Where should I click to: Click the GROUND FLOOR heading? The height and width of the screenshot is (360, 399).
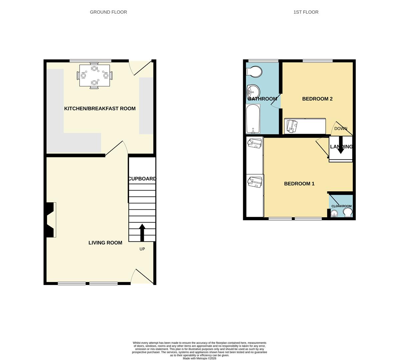point(108,12)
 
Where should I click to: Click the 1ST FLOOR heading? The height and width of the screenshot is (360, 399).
point(306,12)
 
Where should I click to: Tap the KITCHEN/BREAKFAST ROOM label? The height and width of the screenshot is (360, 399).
point(100,108)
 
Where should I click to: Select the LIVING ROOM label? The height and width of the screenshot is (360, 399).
point(105,243)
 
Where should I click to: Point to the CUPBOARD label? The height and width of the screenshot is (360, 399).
point(142,179)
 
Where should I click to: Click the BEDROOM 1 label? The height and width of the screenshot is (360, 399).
point(299,184)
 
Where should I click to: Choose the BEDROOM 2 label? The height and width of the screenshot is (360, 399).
point(317,99)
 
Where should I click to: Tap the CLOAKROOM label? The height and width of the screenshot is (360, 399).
point(341,206)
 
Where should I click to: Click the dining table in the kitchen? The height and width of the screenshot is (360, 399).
point(94,76)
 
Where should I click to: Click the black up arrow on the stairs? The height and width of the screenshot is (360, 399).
point(142,232)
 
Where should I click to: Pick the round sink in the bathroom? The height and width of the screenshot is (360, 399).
point(253,90)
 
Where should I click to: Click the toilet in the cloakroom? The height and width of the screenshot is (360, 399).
point(347,213)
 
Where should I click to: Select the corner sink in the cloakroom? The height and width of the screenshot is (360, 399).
point(334,213)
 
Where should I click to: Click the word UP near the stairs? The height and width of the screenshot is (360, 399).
point(142,249)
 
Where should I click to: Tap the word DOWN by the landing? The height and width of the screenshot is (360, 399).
point(341,129)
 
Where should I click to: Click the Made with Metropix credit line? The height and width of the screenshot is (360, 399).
point(199,358)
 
